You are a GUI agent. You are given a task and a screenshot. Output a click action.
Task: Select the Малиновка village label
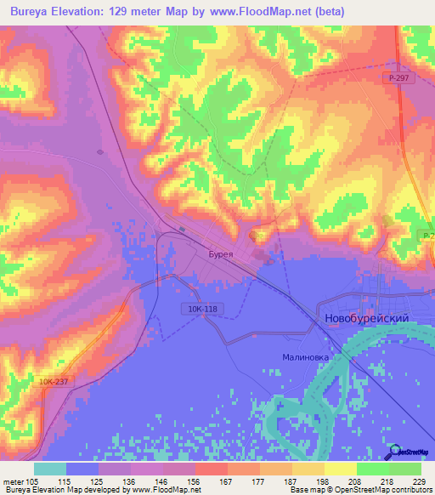(306, 357)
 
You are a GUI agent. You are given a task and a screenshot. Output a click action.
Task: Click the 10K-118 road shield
(195, 310)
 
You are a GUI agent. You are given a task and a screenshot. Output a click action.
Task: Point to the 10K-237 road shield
(54, 384)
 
